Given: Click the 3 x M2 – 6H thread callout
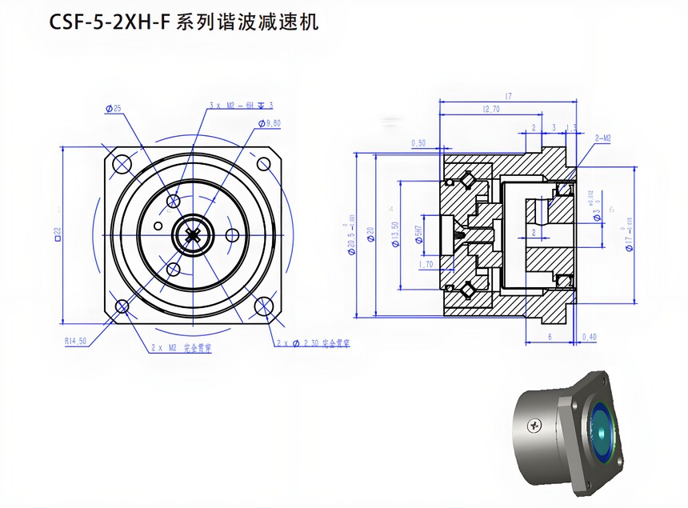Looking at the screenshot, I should (x=240, y=105).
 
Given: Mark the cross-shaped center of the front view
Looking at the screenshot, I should (x=193, y=234).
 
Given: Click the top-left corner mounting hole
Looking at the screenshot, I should (x=122, y=164).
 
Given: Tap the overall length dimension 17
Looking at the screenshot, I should (x=507, y=97).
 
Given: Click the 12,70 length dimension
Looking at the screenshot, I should (x=490, y=110).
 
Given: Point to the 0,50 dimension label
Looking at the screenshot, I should (x=418, y=143).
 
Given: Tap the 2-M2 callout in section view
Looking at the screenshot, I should (x=602, y=138).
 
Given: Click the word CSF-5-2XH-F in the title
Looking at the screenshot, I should (x=108, y=22).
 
